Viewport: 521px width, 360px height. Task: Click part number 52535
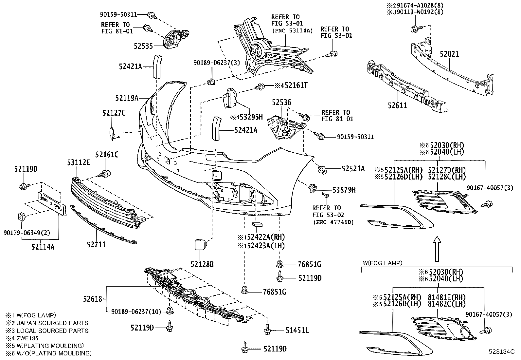pyautogui.click(x=143, y=46)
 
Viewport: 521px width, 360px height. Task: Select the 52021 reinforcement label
pyautogui.click(x=449, y=54)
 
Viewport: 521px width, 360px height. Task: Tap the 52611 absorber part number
pyautogui.click(x=397, y=105)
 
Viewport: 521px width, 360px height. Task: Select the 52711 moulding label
pyautogui.click(x=96, y=244)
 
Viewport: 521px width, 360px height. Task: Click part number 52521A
pyautogui.click(x=353, y=168)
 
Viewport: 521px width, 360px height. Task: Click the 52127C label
pyautogui.click(x=114, y=113)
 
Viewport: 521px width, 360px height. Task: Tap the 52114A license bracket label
pyautogui.click(x=43, y=247)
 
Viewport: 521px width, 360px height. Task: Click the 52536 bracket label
pyautogui.click(x=281, y=103)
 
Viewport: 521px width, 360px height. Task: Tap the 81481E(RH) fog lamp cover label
pyautogui.click(x=446, y=297)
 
